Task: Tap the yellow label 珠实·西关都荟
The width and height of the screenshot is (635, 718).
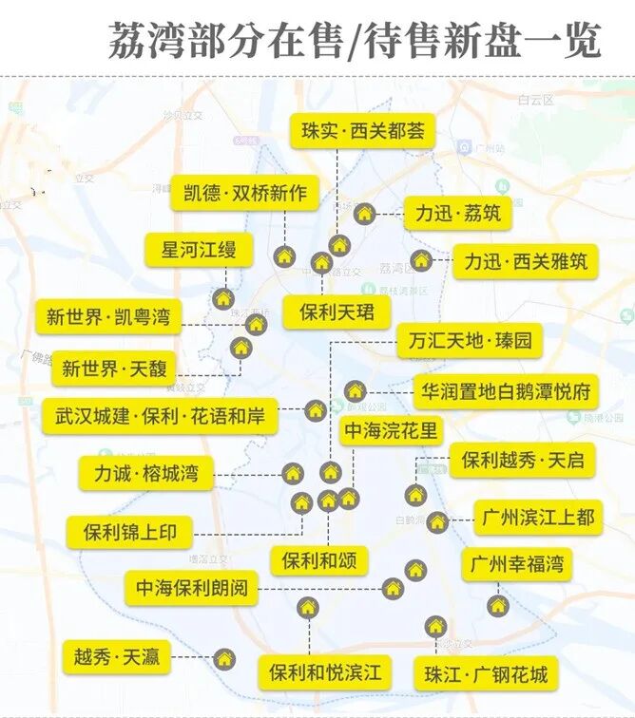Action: (x=362, y=132)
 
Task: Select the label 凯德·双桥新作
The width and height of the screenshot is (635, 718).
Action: (x=245, y=194)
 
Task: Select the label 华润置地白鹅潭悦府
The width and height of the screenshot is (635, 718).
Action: (x=506, y=390)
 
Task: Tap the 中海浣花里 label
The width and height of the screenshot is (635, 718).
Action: (x=391, y=431)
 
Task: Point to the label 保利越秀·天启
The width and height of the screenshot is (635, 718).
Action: (x=523, y=462)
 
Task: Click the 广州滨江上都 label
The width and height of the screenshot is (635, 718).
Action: (x=537, y=518)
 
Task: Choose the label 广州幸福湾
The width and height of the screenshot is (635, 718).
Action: (x=517, y=565)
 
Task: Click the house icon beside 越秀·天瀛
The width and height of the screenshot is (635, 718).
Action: (x=223, y=657)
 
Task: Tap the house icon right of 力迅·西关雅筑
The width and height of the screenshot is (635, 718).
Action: (x=421, y=260)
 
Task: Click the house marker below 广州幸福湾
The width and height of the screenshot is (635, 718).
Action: (x=498, y=605)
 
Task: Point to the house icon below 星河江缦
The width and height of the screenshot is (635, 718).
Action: (x=223, y=299)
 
